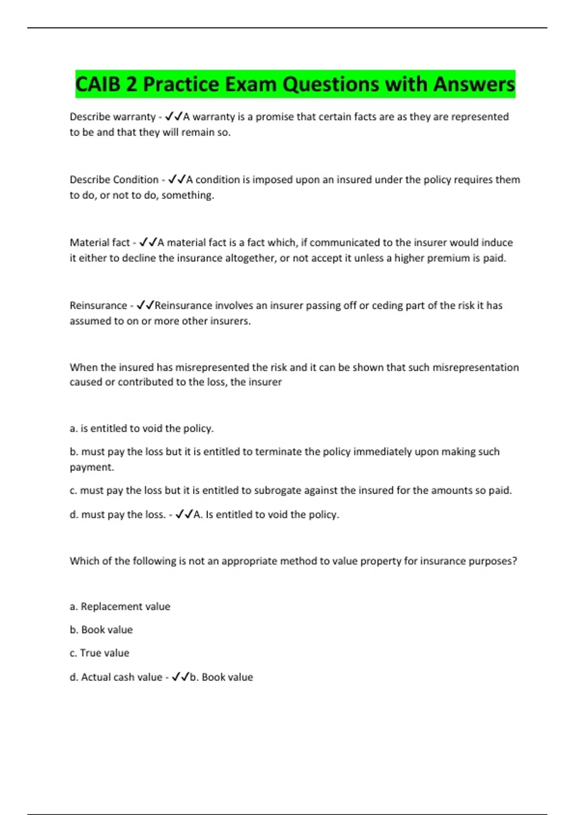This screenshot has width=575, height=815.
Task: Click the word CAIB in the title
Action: tap(98, 84)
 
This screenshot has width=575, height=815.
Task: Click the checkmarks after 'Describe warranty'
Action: tap(173, 116)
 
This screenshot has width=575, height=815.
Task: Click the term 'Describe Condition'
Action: tap(114, 180)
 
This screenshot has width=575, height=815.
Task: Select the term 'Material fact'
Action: tap(100, 243)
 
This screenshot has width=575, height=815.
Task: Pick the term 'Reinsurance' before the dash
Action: tap(98, 305)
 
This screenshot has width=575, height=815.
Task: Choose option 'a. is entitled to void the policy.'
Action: tap(142, 428)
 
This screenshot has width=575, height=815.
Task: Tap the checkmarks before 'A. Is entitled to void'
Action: tap(184, 514)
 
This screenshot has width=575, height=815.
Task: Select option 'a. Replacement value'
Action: tap(120, 606)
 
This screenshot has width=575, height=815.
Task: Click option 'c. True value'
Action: tap(99, 653)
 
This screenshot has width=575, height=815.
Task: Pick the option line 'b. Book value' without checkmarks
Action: tap(101, 629)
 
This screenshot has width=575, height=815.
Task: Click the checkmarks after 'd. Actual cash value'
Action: tap(180, 677)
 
